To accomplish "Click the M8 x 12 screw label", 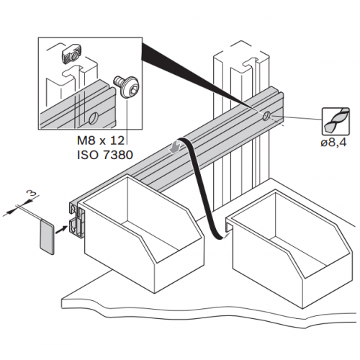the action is pos(101,140).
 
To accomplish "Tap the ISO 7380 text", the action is pos(105,155).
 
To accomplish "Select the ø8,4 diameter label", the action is pos(333,143).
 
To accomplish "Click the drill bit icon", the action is pos(336,121).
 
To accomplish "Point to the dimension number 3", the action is pos(33,194).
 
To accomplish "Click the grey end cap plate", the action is pos(47,237).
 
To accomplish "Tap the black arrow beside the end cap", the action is pos(60,229).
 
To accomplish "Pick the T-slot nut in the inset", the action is pos(71,54).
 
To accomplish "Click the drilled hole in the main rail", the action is pos(266,117).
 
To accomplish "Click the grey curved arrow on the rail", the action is pos(176,147).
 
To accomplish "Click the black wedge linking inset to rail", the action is pos(192,77).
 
